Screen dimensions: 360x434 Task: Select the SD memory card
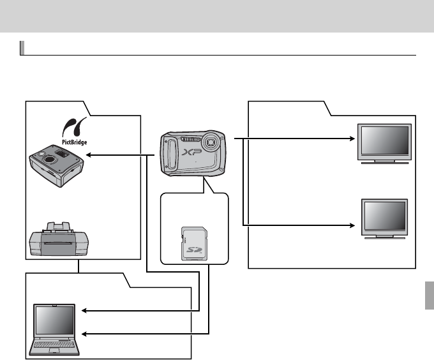[x=193, y=243]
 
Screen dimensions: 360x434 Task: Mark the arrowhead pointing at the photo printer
[x=89, y=154]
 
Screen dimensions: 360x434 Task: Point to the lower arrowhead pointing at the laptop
[x=86, y=333]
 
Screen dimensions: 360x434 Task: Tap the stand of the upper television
[x=384, y=162]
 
